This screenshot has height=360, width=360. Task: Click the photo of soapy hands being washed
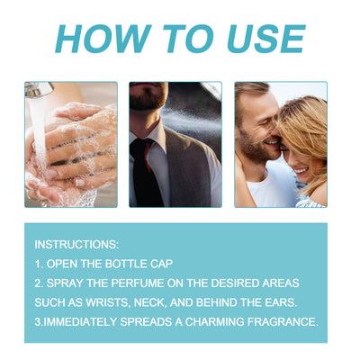[x=71, y=144]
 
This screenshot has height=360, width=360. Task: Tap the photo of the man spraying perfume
[x=175, y=144]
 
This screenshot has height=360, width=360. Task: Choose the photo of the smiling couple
[x=280, y=144]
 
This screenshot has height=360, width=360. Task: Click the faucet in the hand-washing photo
[x=38, y=90]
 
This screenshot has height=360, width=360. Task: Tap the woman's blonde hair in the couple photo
[x=306, y=126]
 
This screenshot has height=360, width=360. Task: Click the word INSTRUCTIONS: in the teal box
[x=76, y=245]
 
